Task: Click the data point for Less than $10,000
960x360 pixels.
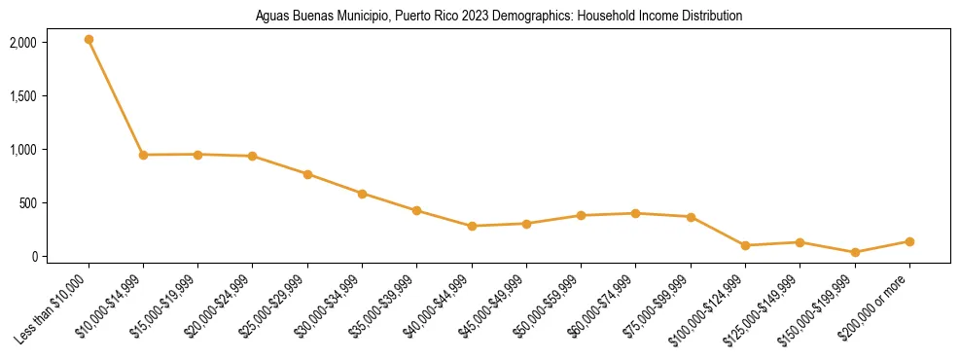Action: tap(89, 40)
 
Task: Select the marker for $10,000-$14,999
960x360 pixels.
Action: tap(143, 155)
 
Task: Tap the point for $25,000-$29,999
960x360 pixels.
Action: tap(307, 174)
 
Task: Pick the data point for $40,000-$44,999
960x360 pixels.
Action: tap(472, 226)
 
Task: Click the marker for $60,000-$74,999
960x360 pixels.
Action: tap(636, 213)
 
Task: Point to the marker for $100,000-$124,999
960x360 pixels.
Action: tap(745, 245)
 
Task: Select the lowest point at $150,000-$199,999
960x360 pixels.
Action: tap(855, 252)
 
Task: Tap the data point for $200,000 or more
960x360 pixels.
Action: tap(909, 241)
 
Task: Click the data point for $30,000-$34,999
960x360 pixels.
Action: tap(362, 194)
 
